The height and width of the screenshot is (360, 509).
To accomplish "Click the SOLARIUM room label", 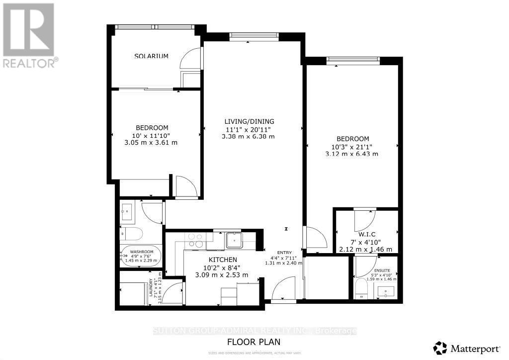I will (151, 56).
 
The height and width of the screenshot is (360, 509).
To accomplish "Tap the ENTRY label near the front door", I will (277, 252).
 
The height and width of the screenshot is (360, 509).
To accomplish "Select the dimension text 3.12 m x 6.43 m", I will (352, 154).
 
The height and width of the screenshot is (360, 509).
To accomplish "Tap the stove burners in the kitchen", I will (194, 241).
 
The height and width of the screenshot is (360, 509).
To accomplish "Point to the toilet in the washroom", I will (131, 234).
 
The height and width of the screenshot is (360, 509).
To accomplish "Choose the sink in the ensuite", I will (387, 291).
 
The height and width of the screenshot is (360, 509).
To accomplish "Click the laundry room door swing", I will (172, 293).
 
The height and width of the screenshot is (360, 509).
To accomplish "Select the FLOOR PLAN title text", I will (254, 342).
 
